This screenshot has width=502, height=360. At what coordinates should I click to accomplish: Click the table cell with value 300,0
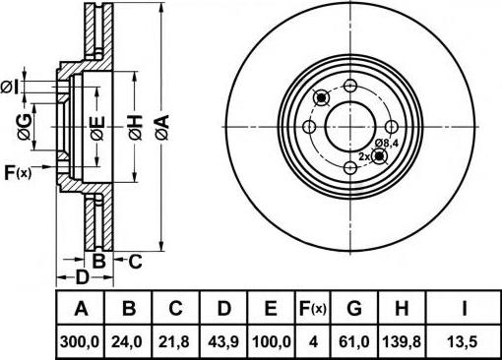coord(80,342)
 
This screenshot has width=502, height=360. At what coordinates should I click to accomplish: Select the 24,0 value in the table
coord(127,342)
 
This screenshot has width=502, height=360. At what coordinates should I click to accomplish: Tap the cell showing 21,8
coord(174,342)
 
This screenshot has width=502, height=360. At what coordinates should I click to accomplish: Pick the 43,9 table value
coord(223,342)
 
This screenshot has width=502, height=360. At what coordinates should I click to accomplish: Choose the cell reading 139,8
coord(402,342)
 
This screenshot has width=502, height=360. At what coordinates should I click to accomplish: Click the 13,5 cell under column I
coord(463,342)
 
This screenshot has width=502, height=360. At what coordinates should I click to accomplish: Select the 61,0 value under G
coord(354,342)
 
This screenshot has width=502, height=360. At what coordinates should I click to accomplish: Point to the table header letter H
coord(402,308)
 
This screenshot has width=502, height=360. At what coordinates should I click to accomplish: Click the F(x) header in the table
coord(313,308)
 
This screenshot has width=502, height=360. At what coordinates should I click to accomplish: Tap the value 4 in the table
coord(314,342)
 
